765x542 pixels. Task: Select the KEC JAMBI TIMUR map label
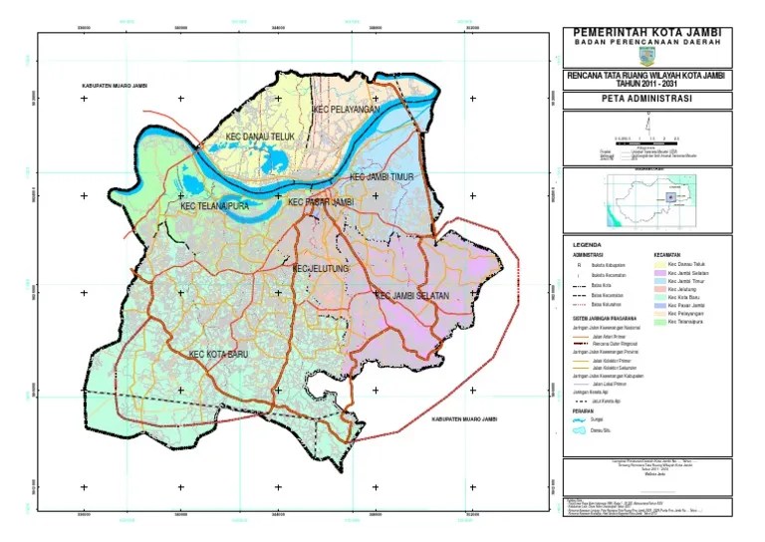381,177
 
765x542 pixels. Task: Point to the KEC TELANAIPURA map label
213,207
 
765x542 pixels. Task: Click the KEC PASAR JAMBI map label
320,202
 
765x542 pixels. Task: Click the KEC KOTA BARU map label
218,354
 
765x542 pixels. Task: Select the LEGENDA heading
588,245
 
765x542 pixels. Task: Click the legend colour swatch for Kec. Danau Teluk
658,263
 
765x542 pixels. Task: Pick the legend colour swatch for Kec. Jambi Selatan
658,273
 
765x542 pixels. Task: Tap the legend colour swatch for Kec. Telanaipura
658,322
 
